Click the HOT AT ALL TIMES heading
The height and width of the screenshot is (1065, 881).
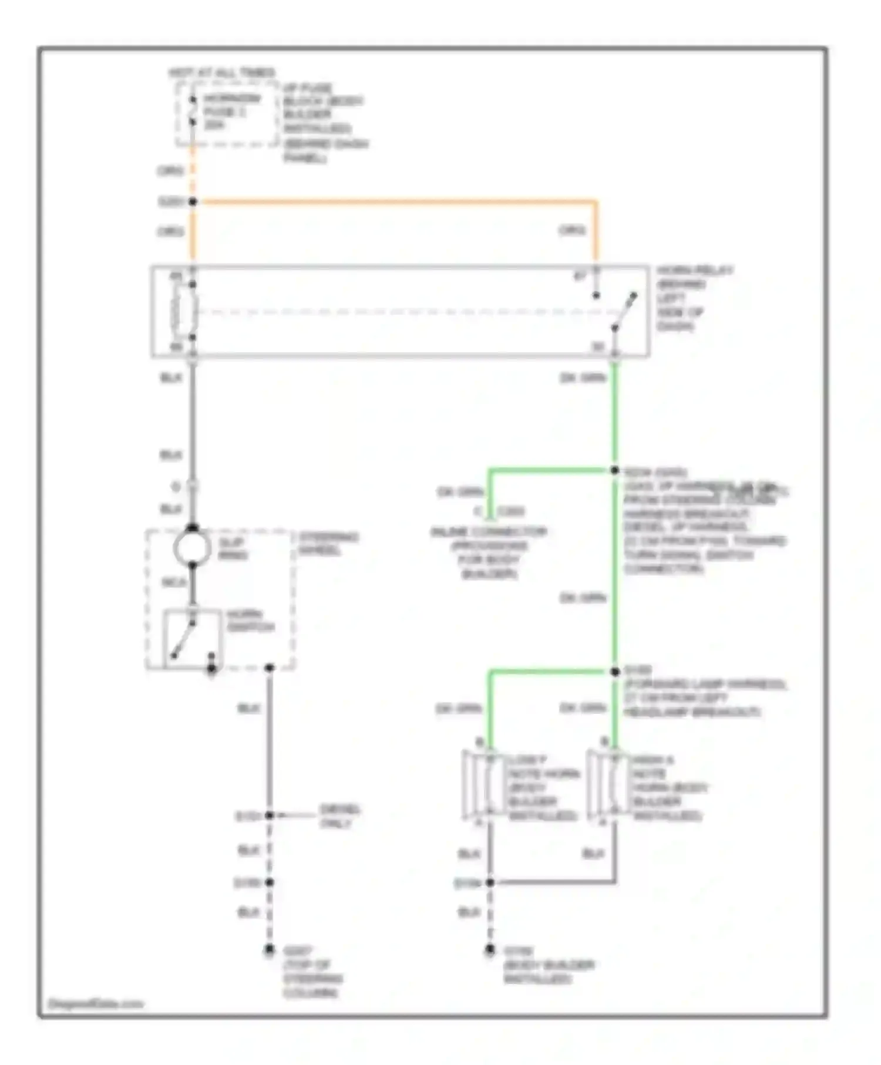(221, 73)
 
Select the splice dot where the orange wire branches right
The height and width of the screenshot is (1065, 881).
(193, 202)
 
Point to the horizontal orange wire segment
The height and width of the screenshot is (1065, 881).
(394, 202)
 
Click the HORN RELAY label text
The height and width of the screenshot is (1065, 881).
(694, 271)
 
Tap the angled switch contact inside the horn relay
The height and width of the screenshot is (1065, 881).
(625, 311)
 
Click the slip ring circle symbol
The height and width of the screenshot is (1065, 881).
(192, 547)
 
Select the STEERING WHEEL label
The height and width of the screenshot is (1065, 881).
(328, 544)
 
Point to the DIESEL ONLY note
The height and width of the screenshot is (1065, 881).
(339, 816)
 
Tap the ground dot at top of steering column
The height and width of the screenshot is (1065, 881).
(269, 949)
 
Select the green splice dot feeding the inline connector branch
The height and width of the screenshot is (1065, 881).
(614, 470)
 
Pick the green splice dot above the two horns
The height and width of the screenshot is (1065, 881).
(614, 672)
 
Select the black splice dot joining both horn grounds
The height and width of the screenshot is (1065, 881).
(490, 882)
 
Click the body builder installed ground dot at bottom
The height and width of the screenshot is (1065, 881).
(490, 949)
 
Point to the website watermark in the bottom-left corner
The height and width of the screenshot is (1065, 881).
(95, 1004)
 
